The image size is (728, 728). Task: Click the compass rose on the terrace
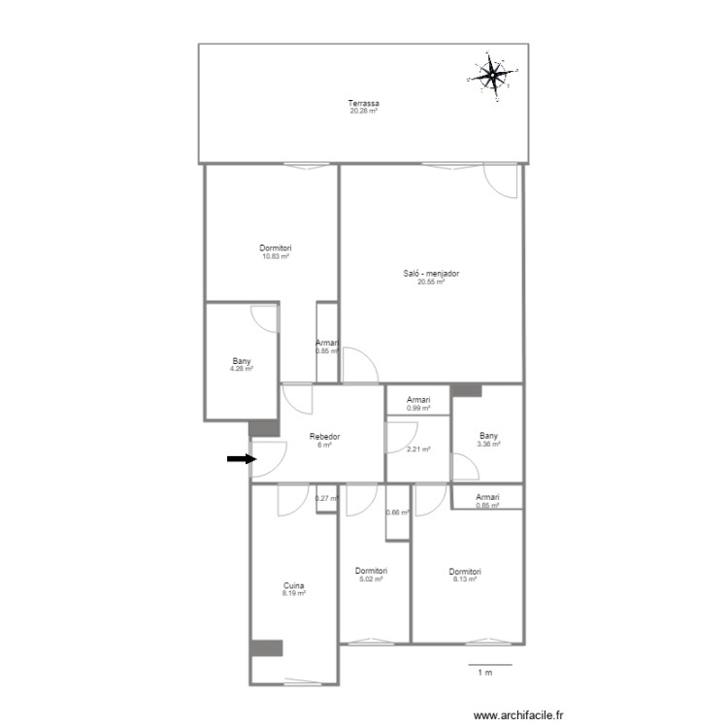(494, 73)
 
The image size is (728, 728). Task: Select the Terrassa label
(364, 104)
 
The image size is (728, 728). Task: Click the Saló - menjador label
(431, 274)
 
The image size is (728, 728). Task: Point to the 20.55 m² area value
(431, 281)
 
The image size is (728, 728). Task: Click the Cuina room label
(294, 585)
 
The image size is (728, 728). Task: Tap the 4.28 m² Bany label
(241, 369)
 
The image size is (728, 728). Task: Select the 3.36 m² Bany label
(488, 445)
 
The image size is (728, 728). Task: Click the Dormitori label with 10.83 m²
(276, 248)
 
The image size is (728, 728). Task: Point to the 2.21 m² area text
(418, 449)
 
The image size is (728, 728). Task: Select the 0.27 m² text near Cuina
(327, 499)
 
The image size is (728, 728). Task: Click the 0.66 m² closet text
(398, 513)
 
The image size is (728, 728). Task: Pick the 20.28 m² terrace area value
(364, 112)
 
